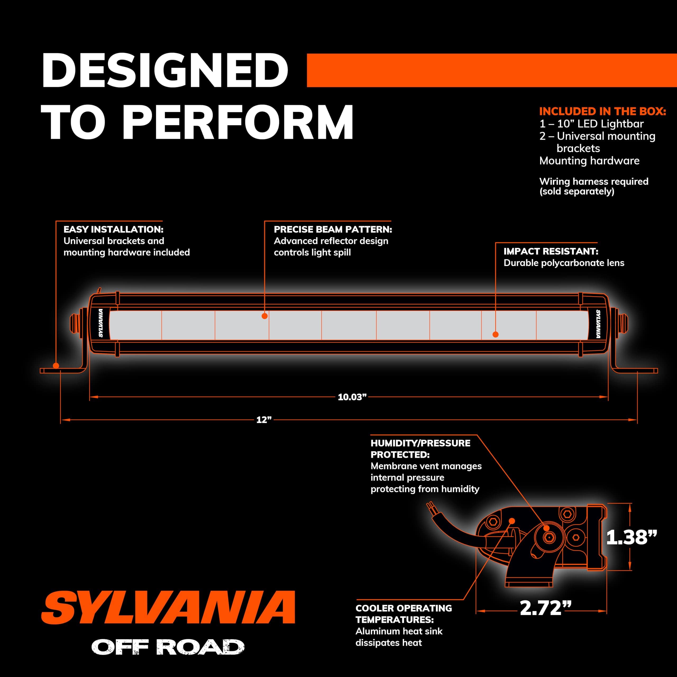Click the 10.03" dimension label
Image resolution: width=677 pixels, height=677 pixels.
coord(352,397)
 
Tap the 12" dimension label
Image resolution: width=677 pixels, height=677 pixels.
coord(264,420)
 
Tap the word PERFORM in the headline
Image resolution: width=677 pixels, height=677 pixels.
coord(237,123)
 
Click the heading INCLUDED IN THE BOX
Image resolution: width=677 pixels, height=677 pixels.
coord(602,111)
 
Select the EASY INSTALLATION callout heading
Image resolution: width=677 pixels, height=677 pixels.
coord(113,230)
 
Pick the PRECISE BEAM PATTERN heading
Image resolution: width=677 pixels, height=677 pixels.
coord(332,230)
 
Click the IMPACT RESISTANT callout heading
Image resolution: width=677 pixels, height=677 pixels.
coord(551,251)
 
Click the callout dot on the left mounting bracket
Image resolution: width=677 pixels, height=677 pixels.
coord(56,366)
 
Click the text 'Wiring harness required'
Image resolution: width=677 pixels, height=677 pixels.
coord(594,181)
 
